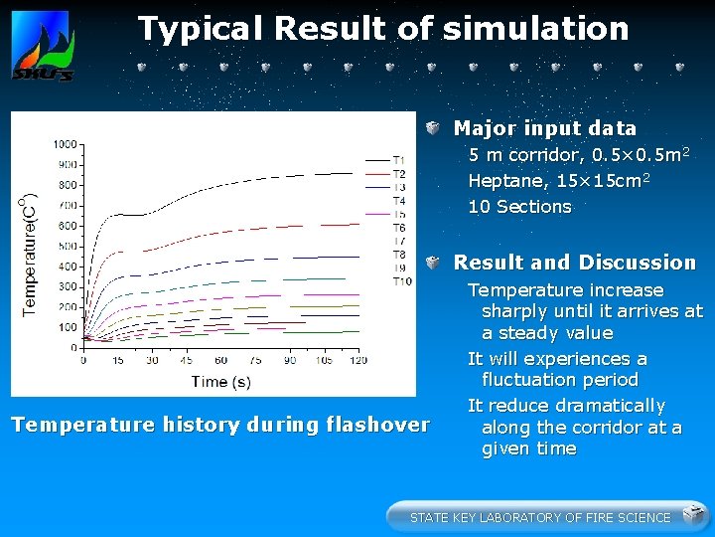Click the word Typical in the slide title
(x=202, y=29)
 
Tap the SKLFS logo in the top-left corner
(x=42, y=47)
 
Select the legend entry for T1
(x=398, y=160)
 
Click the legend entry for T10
(x=401, y=281)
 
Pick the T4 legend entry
(x=398, y=201)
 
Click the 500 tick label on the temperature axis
(x=66, y=246)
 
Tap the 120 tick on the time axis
(x=357, y=360)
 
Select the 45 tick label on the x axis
(x=186, y=360)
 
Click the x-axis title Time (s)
(x=221, y=381)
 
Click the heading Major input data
(x=544, y=128)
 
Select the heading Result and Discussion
(x=574, y=263)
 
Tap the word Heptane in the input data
(x=500, y=181)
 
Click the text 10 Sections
(x=519, y=207)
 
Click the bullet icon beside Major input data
(x=435, y=128)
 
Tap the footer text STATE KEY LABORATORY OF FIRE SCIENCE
(x=539, y=517)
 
